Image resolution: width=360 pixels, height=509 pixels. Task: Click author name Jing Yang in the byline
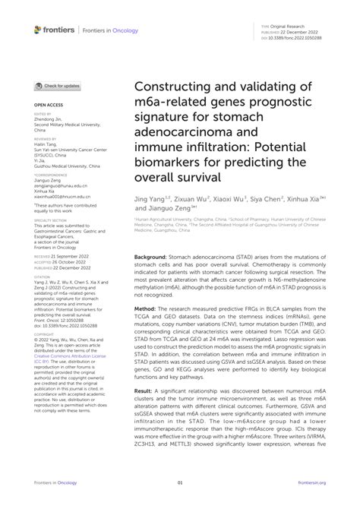click(x=151, y=197)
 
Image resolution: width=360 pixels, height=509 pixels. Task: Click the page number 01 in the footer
click(x=180, y=482)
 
